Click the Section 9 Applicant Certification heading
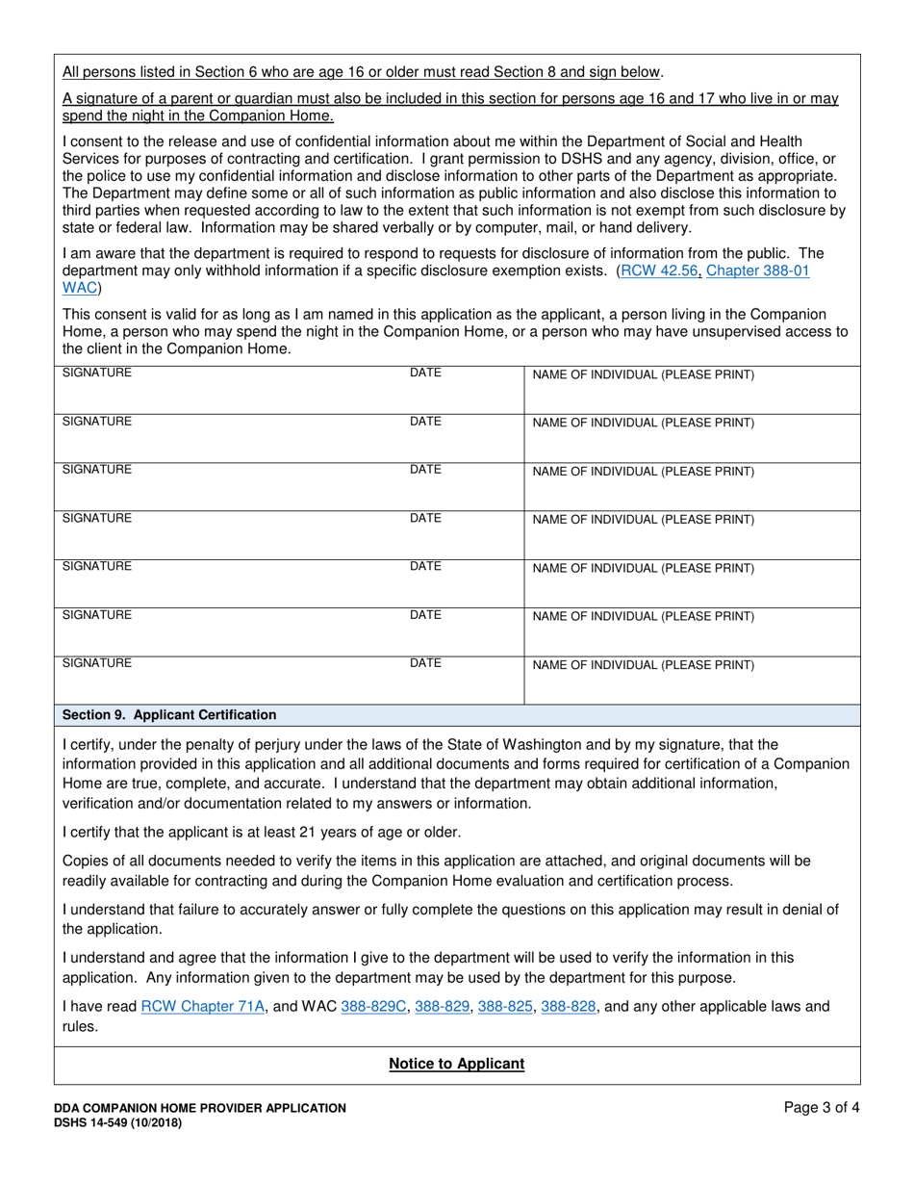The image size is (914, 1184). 169,715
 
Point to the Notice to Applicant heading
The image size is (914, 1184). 456,1064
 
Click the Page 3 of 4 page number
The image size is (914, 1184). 822,1108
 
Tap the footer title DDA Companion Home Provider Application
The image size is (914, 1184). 200,1108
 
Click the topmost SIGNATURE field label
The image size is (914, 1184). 97,373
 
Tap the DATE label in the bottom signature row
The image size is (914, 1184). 425,662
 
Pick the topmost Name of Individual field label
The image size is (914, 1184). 643,374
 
